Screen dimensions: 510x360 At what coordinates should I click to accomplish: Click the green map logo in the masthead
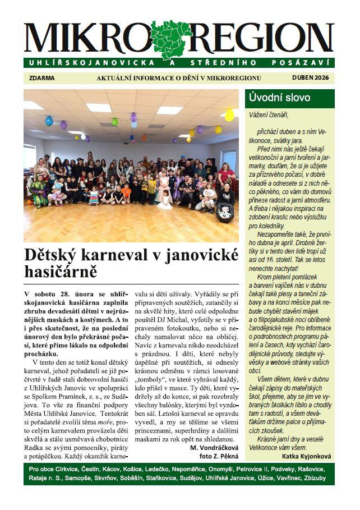(171, 39)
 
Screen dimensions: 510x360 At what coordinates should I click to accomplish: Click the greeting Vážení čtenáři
(268, 114)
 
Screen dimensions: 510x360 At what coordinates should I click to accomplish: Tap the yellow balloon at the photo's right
(229, 116)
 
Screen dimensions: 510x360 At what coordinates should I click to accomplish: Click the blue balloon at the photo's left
(49, 121)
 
